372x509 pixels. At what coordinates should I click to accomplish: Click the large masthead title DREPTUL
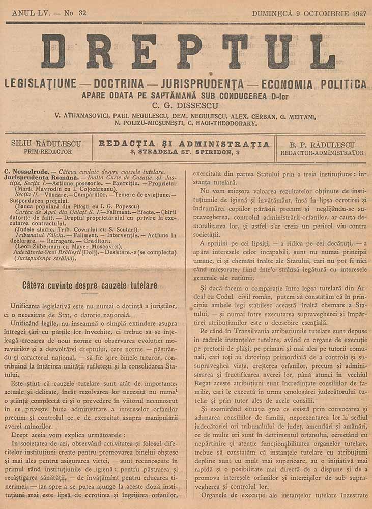tap(188, 51)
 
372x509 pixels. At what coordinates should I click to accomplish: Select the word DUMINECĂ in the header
tap(272, 14)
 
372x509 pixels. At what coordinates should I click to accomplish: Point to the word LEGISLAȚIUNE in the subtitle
tap(40, 83)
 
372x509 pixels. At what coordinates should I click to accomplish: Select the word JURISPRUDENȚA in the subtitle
tap(202, 83)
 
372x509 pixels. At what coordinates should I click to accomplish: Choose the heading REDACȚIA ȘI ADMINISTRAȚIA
tap(184, 144)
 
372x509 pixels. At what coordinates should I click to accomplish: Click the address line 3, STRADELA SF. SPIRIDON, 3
tap(184, 152)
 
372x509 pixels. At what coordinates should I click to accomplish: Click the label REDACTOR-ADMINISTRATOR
tap(323, 153)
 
